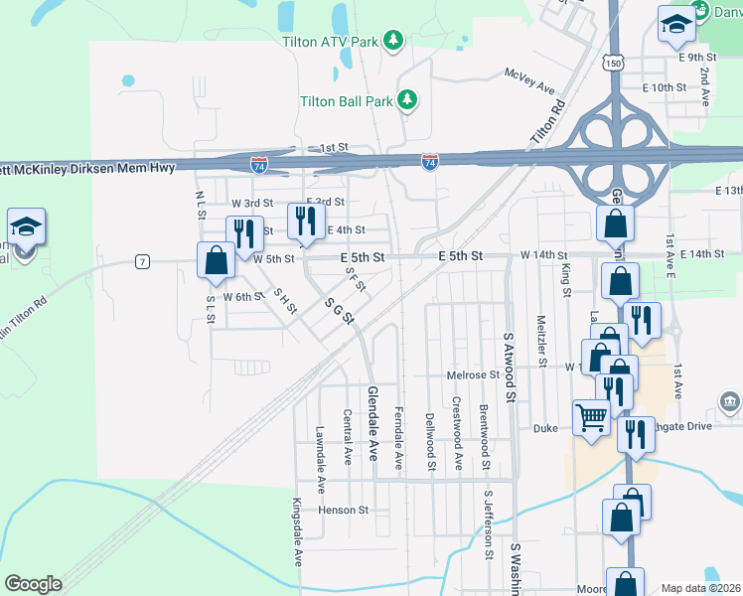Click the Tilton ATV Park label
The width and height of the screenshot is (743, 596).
pyautogui.click(x=331, y=42)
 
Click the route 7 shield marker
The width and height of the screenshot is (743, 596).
pyautogui.click(x=143, y=261)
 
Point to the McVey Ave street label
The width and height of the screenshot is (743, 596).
pyautogui.click(x=529, y=80)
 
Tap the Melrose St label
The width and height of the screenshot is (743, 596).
pyautogui.click(x=473, y=374)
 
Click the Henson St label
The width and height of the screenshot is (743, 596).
pyautogui.click(x=343, y=510)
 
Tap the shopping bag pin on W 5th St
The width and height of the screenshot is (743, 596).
pyautogui.click(x=216, y=261)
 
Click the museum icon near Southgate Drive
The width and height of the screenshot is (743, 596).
pyautogui.click(x=729, y=401)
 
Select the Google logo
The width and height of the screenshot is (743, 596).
pyautogui.click(x=33, y=584)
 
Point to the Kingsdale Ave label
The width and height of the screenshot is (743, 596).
pyautogui.click(x=297, y=531)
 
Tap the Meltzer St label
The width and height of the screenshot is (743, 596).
pyautogui.click(x=542, y=342)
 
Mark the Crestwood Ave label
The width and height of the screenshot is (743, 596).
pyautogui.click(x=458, y=434)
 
